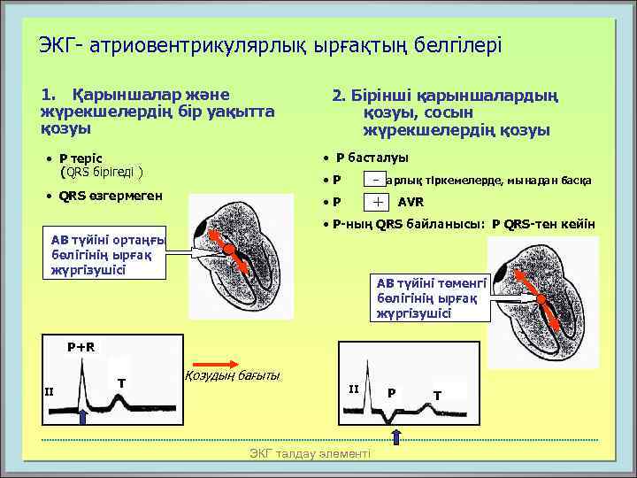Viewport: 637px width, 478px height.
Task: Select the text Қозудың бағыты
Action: (x=231, y=376)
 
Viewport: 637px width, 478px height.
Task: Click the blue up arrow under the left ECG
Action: (x=83, y=418)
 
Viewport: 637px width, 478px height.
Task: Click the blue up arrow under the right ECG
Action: (x=396, y=436)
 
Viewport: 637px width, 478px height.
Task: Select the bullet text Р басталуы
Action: (x=372, y=158)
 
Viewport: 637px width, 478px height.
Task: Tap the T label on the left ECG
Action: (x=119, y=382)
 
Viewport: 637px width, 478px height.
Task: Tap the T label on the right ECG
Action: (x=437, y=394)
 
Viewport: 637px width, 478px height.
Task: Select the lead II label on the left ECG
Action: (x=50, y=392)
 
